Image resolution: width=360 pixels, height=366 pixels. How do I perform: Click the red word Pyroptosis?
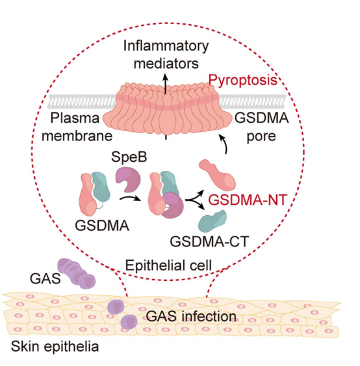tap(242, 81)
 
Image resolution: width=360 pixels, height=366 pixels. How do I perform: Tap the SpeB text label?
tap(129, 157)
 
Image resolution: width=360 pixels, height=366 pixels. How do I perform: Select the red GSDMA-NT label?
tap(248, 200)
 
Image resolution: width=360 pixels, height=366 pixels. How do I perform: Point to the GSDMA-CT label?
tap(209, 241)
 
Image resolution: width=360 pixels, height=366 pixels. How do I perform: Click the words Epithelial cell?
tap(168, 265)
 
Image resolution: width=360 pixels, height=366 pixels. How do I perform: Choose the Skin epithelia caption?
tap(55, 346)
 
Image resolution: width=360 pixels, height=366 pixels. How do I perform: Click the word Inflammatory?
tap(166, 46)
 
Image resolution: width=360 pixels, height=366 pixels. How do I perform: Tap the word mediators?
tap(166, 63)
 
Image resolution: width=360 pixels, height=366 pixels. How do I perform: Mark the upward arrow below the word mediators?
tap(166, 84)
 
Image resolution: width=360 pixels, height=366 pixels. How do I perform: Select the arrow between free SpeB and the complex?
tap(130, 198)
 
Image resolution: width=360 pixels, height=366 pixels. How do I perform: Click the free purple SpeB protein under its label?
tap(128, 179)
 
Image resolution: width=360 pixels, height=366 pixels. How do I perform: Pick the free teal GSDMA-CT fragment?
tap(212, 221)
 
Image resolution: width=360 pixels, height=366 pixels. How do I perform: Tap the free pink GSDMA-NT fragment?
tap(217, 175)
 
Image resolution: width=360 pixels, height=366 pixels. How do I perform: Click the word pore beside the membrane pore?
tap(261, 137)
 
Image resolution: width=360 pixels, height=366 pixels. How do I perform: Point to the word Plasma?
tap(75, 118)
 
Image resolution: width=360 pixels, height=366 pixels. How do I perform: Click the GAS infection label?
tap(191, 317)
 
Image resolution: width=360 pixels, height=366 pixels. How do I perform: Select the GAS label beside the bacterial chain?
tap(45, 278)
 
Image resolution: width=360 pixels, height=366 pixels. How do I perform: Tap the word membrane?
tap(77, 136)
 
